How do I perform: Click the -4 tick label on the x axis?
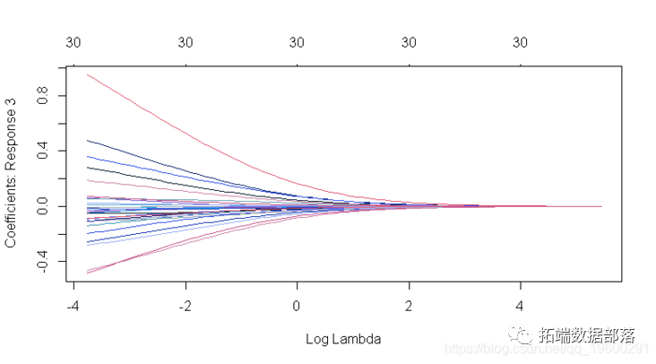(x=73, y=305)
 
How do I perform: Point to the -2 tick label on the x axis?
(x=185, y=305)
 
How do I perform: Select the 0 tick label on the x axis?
(x=298, y=305)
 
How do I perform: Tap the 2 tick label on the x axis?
(x=409, y=305)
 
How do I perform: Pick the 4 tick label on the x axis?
(x=521, y=305)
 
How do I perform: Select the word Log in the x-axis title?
(x=317, y=339)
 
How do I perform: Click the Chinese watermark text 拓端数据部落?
(x=587, y=336)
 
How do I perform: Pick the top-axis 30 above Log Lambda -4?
(x=74, y=42)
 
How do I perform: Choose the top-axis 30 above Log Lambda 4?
(x=521, y=42)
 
